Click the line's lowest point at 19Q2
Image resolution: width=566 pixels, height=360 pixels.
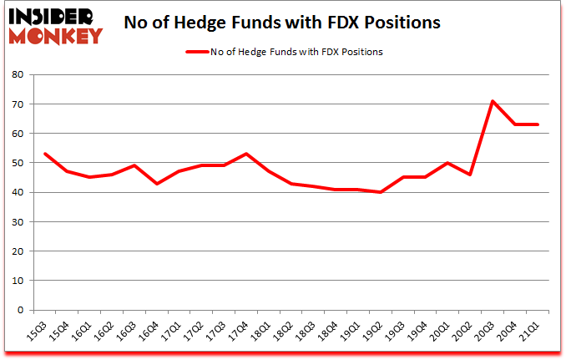(x=381, y=192)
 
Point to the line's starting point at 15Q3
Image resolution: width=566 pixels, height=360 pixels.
(x=45, y=154)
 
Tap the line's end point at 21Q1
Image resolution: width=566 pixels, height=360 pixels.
(x=538, y=124)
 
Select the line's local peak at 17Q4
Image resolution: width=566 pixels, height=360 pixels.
(x=245, y=154)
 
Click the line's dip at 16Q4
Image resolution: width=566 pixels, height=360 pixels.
(x=156, y=183)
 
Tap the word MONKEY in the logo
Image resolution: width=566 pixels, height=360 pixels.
(x=57, y=35)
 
